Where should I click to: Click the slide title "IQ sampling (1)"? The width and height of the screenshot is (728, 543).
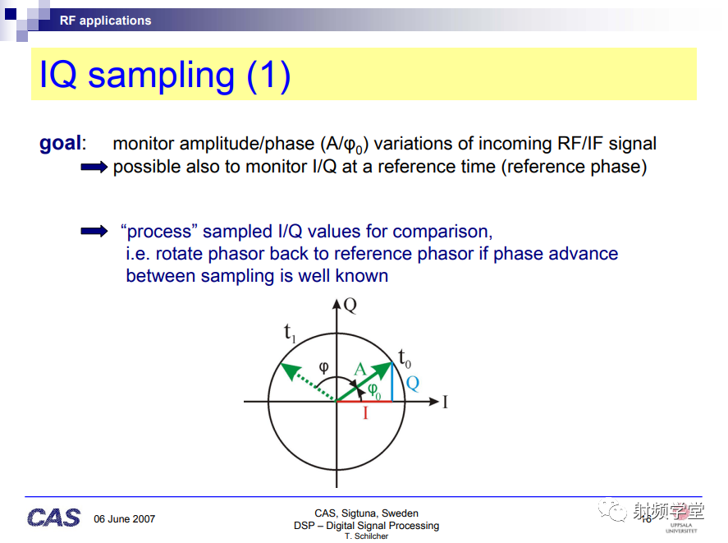pos(165,76)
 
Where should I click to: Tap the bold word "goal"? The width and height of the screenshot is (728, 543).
pos(61,143)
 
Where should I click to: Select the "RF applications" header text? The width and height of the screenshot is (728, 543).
pos(105,21)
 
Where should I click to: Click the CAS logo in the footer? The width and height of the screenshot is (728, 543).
pos(53,518)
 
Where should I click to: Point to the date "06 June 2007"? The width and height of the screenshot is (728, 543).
pos(125,519)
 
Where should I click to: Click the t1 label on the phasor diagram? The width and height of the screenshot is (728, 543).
pos(290,333)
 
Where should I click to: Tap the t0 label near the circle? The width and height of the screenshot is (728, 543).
pos(405,358)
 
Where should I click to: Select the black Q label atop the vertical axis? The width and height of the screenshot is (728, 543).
pos(350,306)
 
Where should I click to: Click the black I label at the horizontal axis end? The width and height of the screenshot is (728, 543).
pos(445,402)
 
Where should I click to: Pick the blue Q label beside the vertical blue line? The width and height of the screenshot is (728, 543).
pos(412,384)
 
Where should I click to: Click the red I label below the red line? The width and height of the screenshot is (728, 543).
pos(365,412)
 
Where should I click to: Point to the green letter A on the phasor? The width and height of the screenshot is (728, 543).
pos(360,370)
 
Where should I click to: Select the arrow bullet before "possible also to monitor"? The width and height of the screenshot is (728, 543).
pos(94,167)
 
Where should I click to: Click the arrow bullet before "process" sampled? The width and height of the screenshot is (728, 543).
pos(94,231)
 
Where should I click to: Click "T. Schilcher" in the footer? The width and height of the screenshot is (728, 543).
pos(366,536)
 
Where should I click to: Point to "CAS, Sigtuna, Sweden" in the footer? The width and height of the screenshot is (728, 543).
pos(366,513)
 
